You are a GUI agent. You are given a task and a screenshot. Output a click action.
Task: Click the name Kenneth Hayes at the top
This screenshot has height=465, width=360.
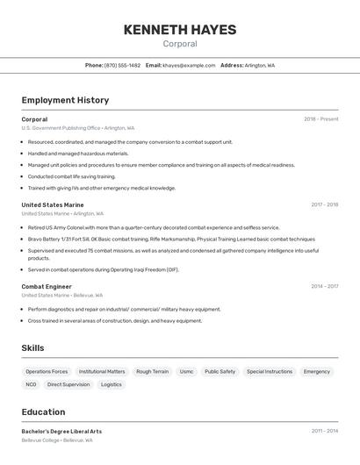coord(179,29)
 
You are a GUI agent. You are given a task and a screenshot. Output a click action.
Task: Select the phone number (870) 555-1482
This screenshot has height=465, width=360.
coord(122,66)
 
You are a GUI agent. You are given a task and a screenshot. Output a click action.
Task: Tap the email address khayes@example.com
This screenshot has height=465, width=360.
coord(189,66)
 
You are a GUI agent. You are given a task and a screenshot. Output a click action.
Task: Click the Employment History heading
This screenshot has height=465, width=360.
coord(65,100)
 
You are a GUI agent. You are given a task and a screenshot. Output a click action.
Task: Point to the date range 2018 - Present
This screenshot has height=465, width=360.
coord(320,119)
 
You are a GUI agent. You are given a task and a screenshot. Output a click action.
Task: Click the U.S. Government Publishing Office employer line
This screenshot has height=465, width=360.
coord(77,128)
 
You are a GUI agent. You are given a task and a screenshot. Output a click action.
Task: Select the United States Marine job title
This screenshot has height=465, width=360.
coord(53,205)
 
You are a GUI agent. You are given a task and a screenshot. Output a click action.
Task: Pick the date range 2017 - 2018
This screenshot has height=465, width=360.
coord(324,205)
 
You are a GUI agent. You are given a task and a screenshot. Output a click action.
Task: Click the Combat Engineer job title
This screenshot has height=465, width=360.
coord(47,286)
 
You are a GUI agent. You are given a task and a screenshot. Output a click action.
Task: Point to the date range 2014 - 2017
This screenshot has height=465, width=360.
coord(324,286)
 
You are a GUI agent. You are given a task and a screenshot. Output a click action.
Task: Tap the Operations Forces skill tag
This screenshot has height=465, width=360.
coord(47,371)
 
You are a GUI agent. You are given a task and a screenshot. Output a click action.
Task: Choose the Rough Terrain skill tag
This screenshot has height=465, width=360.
coord(152,371)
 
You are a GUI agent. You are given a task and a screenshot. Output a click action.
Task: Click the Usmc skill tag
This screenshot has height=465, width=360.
coord(186,371)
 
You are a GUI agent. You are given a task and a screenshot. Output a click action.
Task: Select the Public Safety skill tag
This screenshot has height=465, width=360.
coord(220,371)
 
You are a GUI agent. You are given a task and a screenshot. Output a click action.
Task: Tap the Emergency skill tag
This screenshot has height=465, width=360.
coord(316,371)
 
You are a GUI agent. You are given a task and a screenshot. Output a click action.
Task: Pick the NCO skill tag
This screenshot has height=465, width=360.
coord(31,384)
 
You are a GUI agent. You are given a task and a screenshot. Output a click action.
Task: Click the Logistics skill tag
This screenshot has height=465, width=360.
coord(112,384)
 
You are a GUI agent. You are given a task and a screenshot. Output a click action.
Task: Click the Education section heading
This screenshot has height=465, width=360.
coord(43,412)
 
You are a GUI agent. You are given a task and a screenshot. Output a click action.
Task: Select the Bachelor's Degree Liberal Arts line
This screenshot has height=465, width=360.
coord(61,432)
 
